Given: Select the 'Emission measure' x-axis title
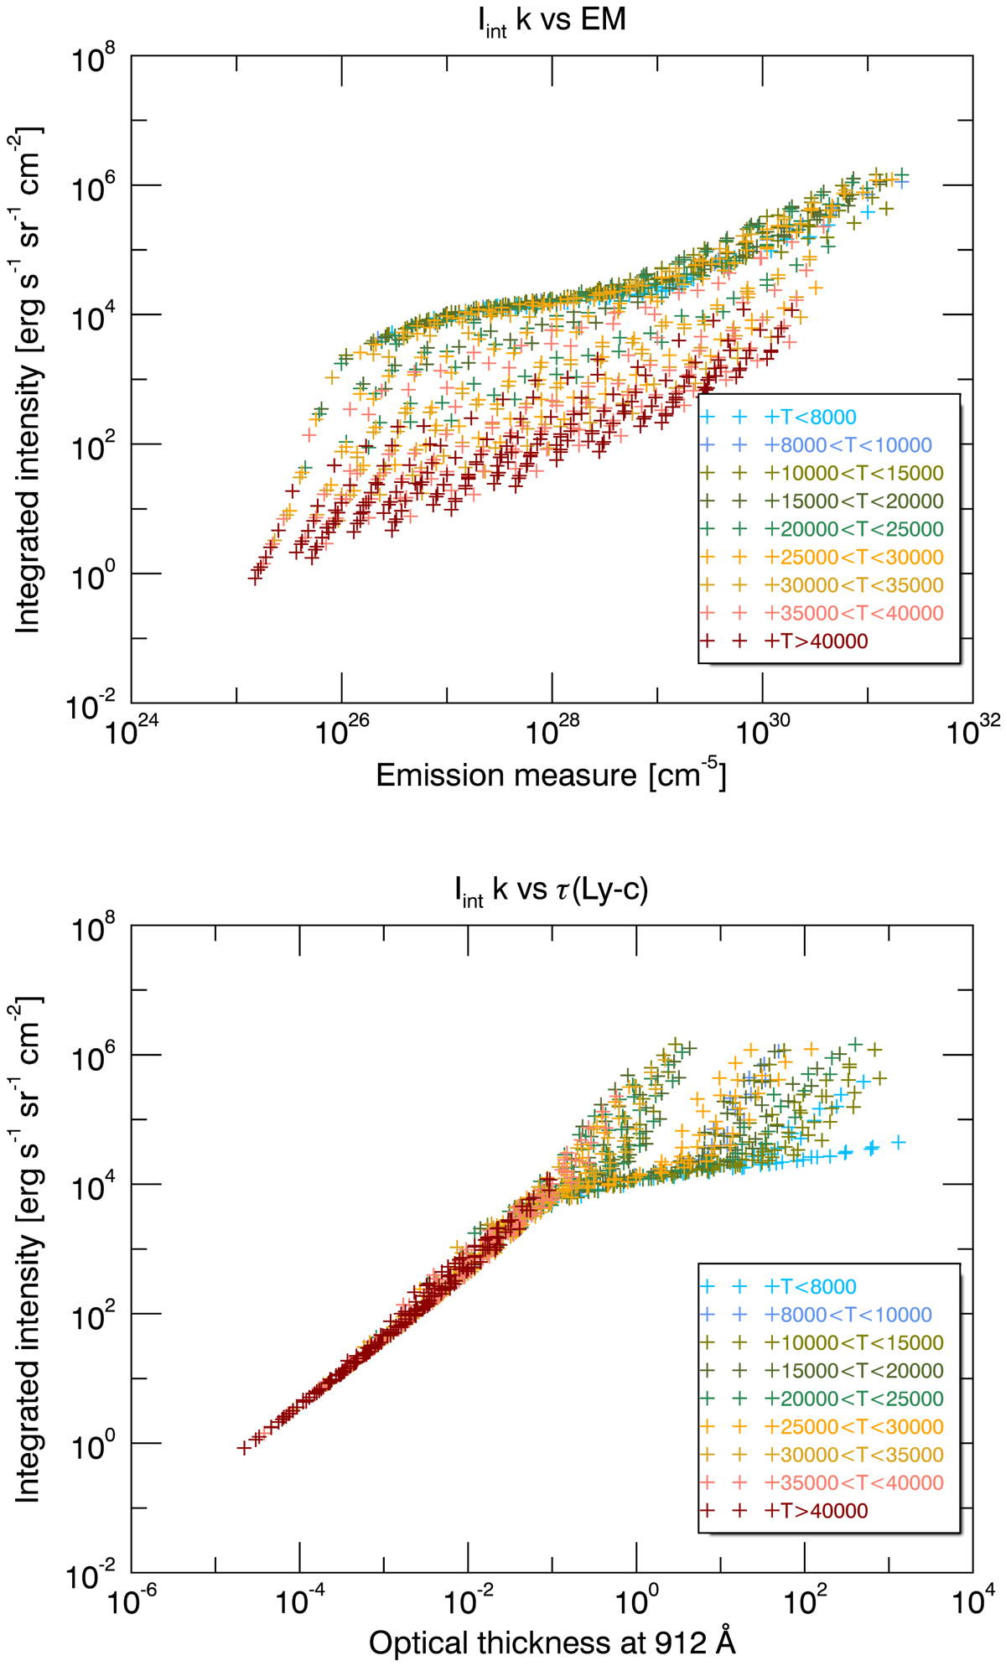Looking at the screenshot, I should point(551,776).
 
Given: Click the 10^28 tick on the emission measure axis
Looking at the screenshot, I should point(550,733).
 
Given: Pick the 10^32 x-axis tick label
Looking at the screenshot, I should point(971,733).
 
